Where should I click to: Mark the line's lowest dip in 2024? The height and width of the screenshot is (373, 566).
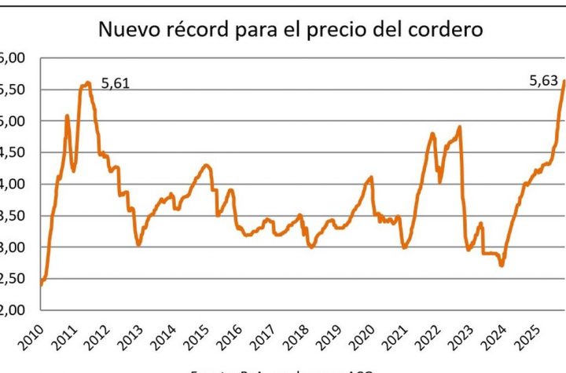pos(502,265)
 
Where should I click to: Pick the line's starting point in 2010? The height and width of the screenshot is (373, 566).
pos(40,284)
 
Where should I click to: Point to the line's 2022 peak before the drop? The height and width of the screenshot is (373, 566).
pos(459,127)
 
